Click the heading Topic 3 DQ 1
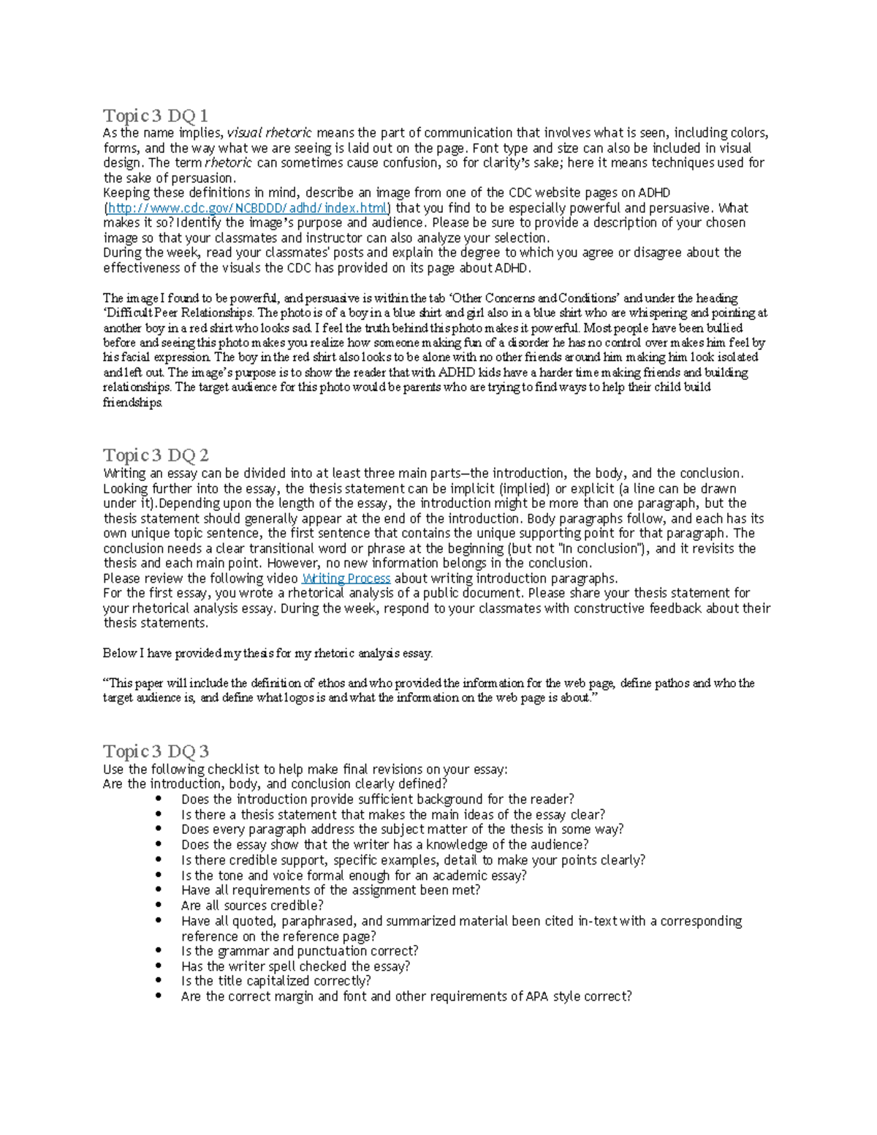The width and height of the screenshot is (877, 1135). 156,115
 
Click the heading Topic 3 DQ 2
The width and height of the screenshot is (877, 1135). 156,455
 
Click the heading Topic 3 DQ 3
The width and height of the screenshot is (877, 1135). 156,751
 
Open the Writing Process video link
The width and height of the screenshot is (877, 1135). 346,579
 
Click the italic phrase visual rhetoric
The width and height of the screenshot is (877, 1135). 269,133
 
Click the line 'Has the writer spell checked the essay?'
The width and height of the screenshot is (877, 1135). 295,966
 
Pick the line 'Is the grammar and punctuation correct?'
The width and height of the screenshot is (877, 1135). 300,951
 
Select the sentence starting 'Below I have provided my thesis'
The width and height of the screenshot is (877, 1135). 267,653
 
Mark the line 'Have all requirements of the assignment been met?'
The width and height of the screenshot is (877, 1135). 330,890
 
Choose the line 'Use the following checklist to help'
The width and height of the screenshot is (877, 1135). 305,769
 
